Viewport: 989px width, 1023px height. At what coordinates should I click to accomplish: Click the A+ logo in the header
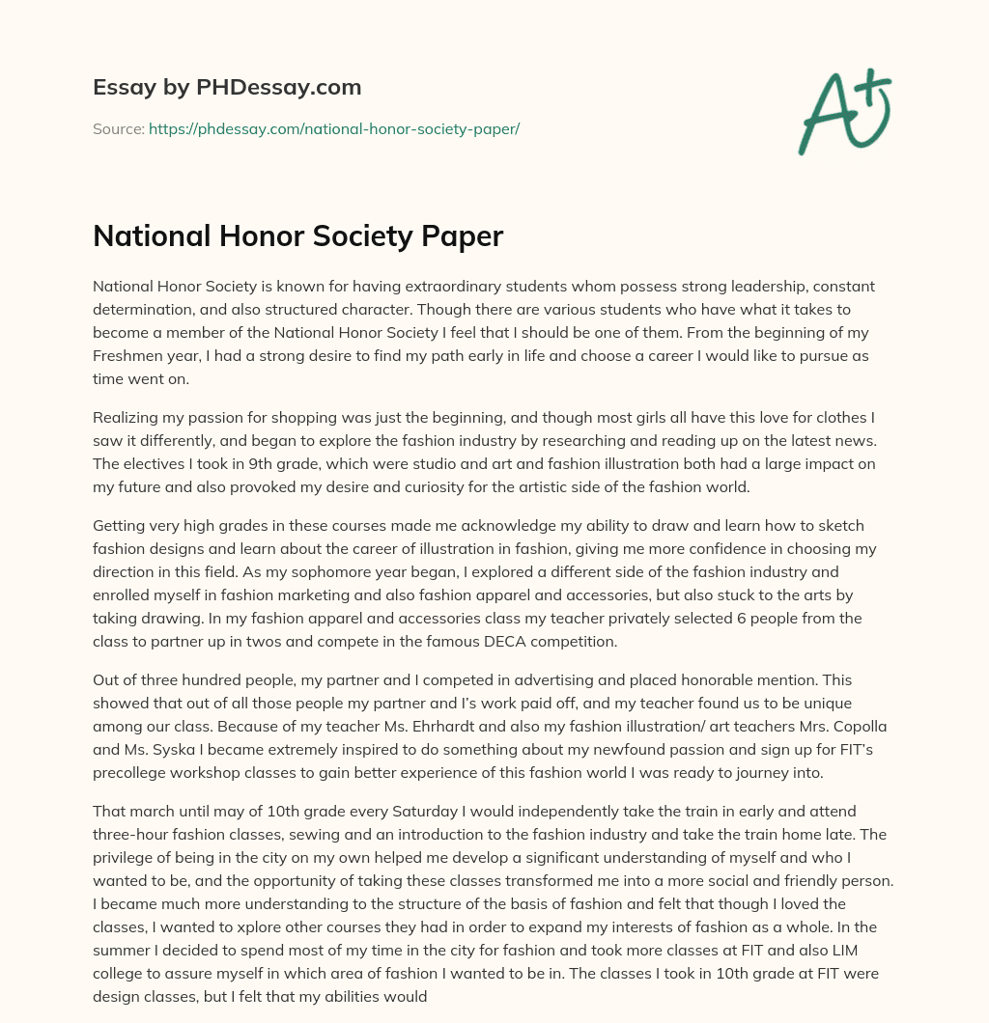(843, 112)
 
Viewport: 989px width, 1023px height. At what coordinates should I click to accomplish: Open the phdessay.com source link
(334, 128)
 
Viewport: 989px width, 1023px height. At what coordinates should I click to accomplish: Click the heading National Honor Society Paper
(297, 236)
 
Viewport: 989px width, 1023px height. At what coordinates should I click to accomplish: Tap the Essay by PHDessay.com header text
(227, 88)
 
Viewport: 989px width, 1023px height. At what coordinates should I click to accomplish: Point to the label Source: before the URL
(118, 128)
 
